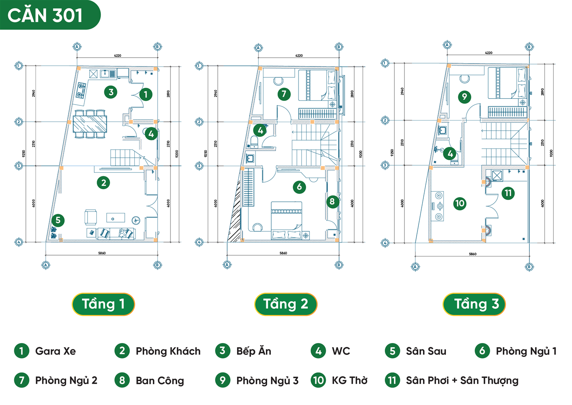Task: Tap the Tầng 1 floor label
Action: pos(103,304)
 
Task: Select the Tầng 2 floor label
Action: pos(286,304)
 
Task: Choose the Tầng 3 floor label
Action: pos(474,304)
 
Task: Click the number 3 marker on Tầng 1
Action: pos(111,92)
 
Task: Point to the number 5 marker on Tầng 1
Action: pos(58,220)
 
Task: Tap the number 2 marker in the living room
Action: pos(103,183)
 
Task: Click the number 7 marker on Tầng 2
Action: pos(284,94)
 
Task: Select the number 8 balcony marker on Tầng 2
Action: pos(332,202)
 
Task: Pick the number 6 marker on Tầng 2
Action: pos(299,187)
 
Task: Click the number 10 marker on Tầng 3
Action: pos(460,204)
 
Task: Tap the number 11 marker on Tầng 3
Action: pos(508,193)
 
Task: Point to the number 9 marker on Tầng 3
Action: pos(464,97)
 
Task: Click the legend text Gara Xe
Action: pos(55,351)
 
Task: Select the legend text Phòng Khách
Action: pos(168,351)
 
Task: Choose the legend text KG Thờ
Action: pos(349,381)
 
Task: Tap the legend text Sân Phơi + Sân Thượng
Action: pos(462,381)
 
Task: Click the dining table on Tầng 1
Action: pos(90,124)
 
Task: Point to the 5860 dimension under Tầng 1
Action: pos(102,253)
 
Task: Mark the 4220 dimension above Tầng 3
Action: pos(488,53)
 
